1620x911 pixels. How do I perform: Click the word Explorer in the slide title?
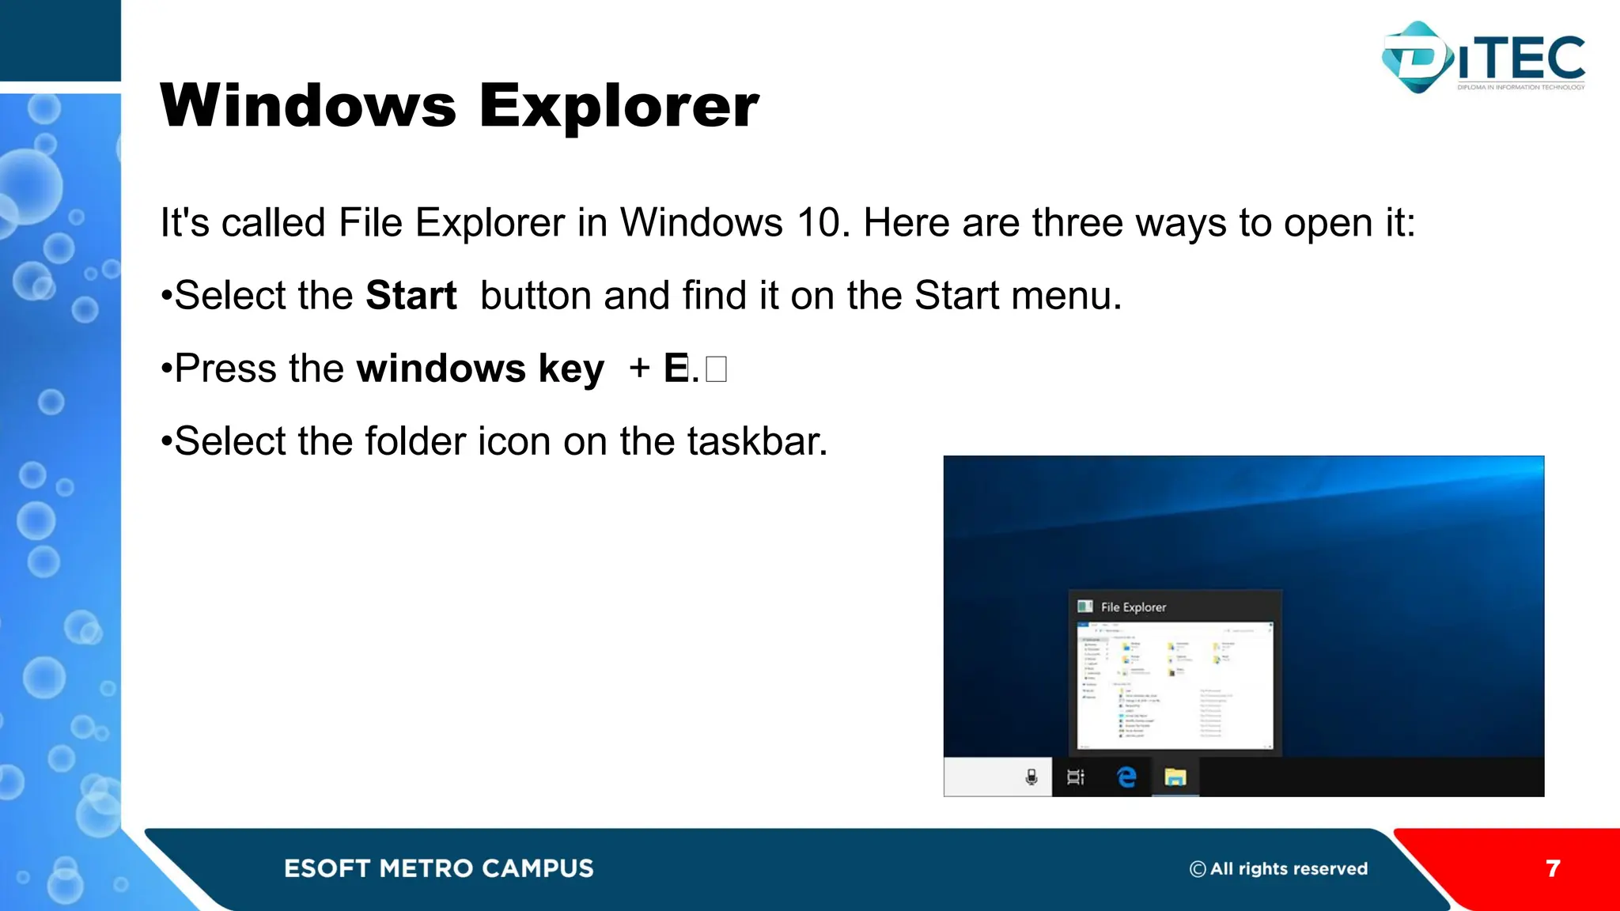coord(619,107)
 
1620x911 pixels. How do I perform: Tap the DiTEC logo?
coord(1483,58)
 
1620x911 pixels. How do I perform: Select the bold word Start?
coord(411,296)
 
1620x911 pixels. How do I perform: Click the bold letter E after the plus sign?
coord(676,369)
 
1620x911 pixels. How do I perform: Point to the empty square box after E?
coord(716,369)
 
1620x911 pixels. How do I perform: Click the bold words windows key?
coord(480,369)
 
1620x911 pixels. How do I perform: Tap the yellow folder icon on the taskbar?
coord(1175,777)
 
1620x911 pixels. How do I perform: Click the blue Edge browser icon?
coord(1126,777)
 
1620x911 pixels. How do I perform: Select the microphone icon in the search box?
coord(1031,777)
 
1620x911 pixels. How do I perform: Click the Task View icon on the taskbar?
coord(1076,777)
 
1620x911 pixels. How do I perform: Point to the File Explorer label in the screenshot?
coord(1133,607)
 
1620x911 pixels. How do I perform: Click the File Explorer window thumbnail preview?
coord(1175,685)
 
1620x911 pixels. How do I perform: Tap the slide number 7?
coord(1553,868)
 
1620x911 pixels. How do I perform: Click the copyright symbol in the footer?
coord(1198,869)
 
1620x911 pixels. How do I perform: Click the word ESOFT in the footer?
coord(327,868)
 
